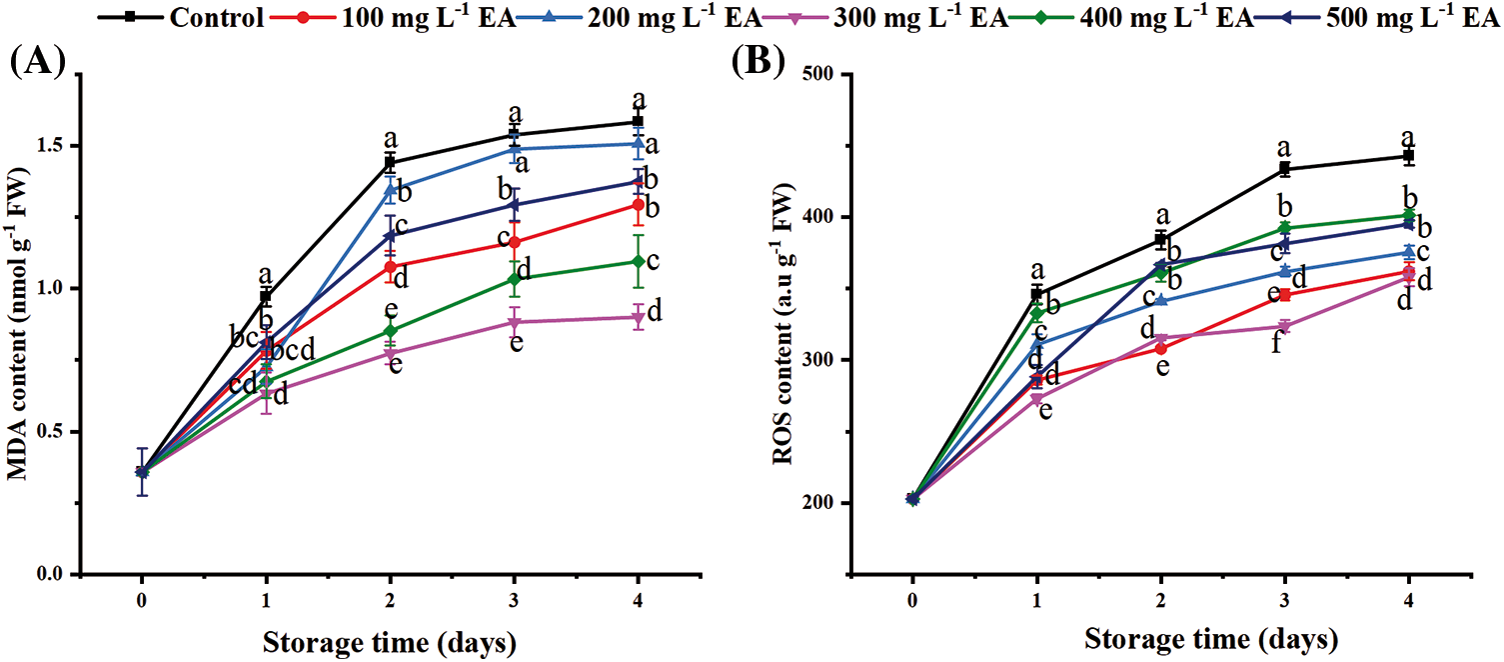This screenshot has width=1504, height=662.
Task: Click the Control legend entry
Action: click(x=216, y=17)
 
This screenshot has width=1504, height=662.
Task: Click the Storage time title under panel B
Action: click(x=1210, y=637)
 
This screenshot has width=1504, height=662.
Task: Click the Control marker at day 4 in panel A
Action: click(x=638, y=122)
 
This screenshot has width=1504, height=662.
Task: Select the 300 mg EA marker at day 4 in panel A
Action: click(x=638, y=317)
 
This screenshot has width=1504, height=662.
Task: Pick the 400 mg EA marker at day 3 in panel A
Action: click(x=514, y=278)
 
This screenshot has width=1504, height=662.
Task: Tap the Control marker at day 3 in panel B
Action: click(x=1285, y=169)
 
